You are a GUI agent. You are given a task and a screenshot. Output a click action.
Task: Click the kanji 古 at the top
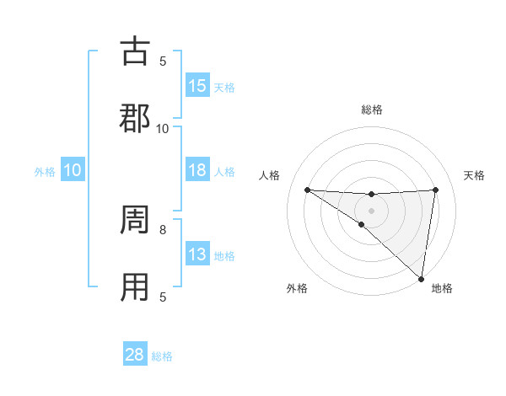coord(135,51)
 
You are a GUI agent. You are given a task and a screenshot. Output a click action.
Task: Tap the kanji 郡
coord(135,117)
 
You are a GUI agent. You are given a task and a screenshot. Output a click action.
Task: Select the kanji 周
coord(135,221)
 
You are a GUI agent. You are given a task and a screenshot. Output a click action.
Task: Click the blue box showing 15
coord(197,86)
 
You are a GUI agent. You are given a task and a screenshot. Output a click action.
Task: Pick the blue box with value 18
coord(197,170)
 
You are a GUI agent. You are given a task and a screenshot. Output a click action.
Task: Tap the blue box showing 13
coord(197,254)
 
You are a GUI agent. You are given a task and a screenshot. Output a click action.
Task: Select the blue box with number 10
coord(73,170)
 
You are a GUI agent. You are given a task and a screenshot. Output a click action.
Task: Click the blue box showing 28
coord(135,355)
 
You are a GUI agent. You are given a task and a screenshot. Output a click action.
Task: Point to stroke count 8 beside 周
coord(163,228)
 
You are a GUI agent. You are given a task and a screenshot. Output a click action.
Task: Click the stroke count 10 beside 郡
coord(163,128)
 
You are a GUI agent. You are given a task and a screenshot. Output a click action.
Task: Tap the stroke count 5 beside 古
coord(163,61)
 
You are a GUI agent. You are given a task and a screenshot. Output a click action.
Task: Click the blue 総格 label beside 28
coord(162,356)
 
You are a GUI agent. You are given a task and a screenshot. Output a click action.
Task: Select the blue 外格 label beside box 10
coord(45,172)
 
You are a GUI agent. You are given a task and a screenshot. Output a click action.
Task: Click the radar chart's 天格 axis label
coord(475,175)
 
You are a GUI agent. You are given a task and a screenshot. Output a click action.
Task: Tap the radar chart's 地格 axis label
coord(442,288)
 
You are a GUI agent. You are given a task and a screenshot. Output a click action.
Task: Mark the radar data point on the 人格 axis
coord(307,190)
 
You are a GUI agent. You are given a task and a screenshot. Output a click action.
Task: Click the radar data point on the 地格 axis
coord(421,278)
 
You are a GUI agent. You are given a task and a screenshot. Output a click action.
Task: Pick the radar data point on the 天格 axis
coord(435,190)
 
